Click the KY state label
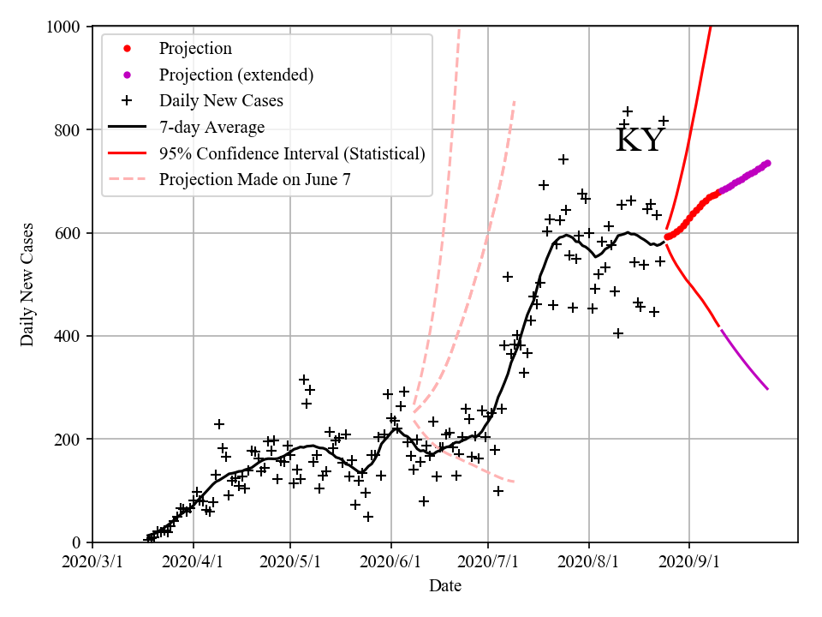(x=640, y=140)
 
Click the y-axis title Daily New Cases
(x=28, y=285)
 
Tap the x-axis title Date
(x=445, y=586)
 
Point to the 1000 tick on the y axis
(x=63, y=27)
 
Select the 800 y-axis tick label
(x=67, y=130)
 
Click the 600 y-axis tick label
(x=67, y=233)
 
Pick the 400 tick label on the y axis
(x=67, y=336)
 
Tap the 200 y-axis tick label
(x=67, y=440)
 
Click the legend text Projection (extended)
(x=236, y=75)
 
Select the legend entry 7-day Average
(x=211, y=127)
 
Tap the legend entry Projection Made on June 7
(x=255, y=179)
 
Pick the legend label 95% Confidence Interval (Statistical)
(x=292, y=153)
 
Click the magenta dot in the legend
(x=127, y=75)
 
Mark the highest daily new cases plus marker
(x=628, y=111)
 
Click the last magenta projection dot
(x=767, y=163)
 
